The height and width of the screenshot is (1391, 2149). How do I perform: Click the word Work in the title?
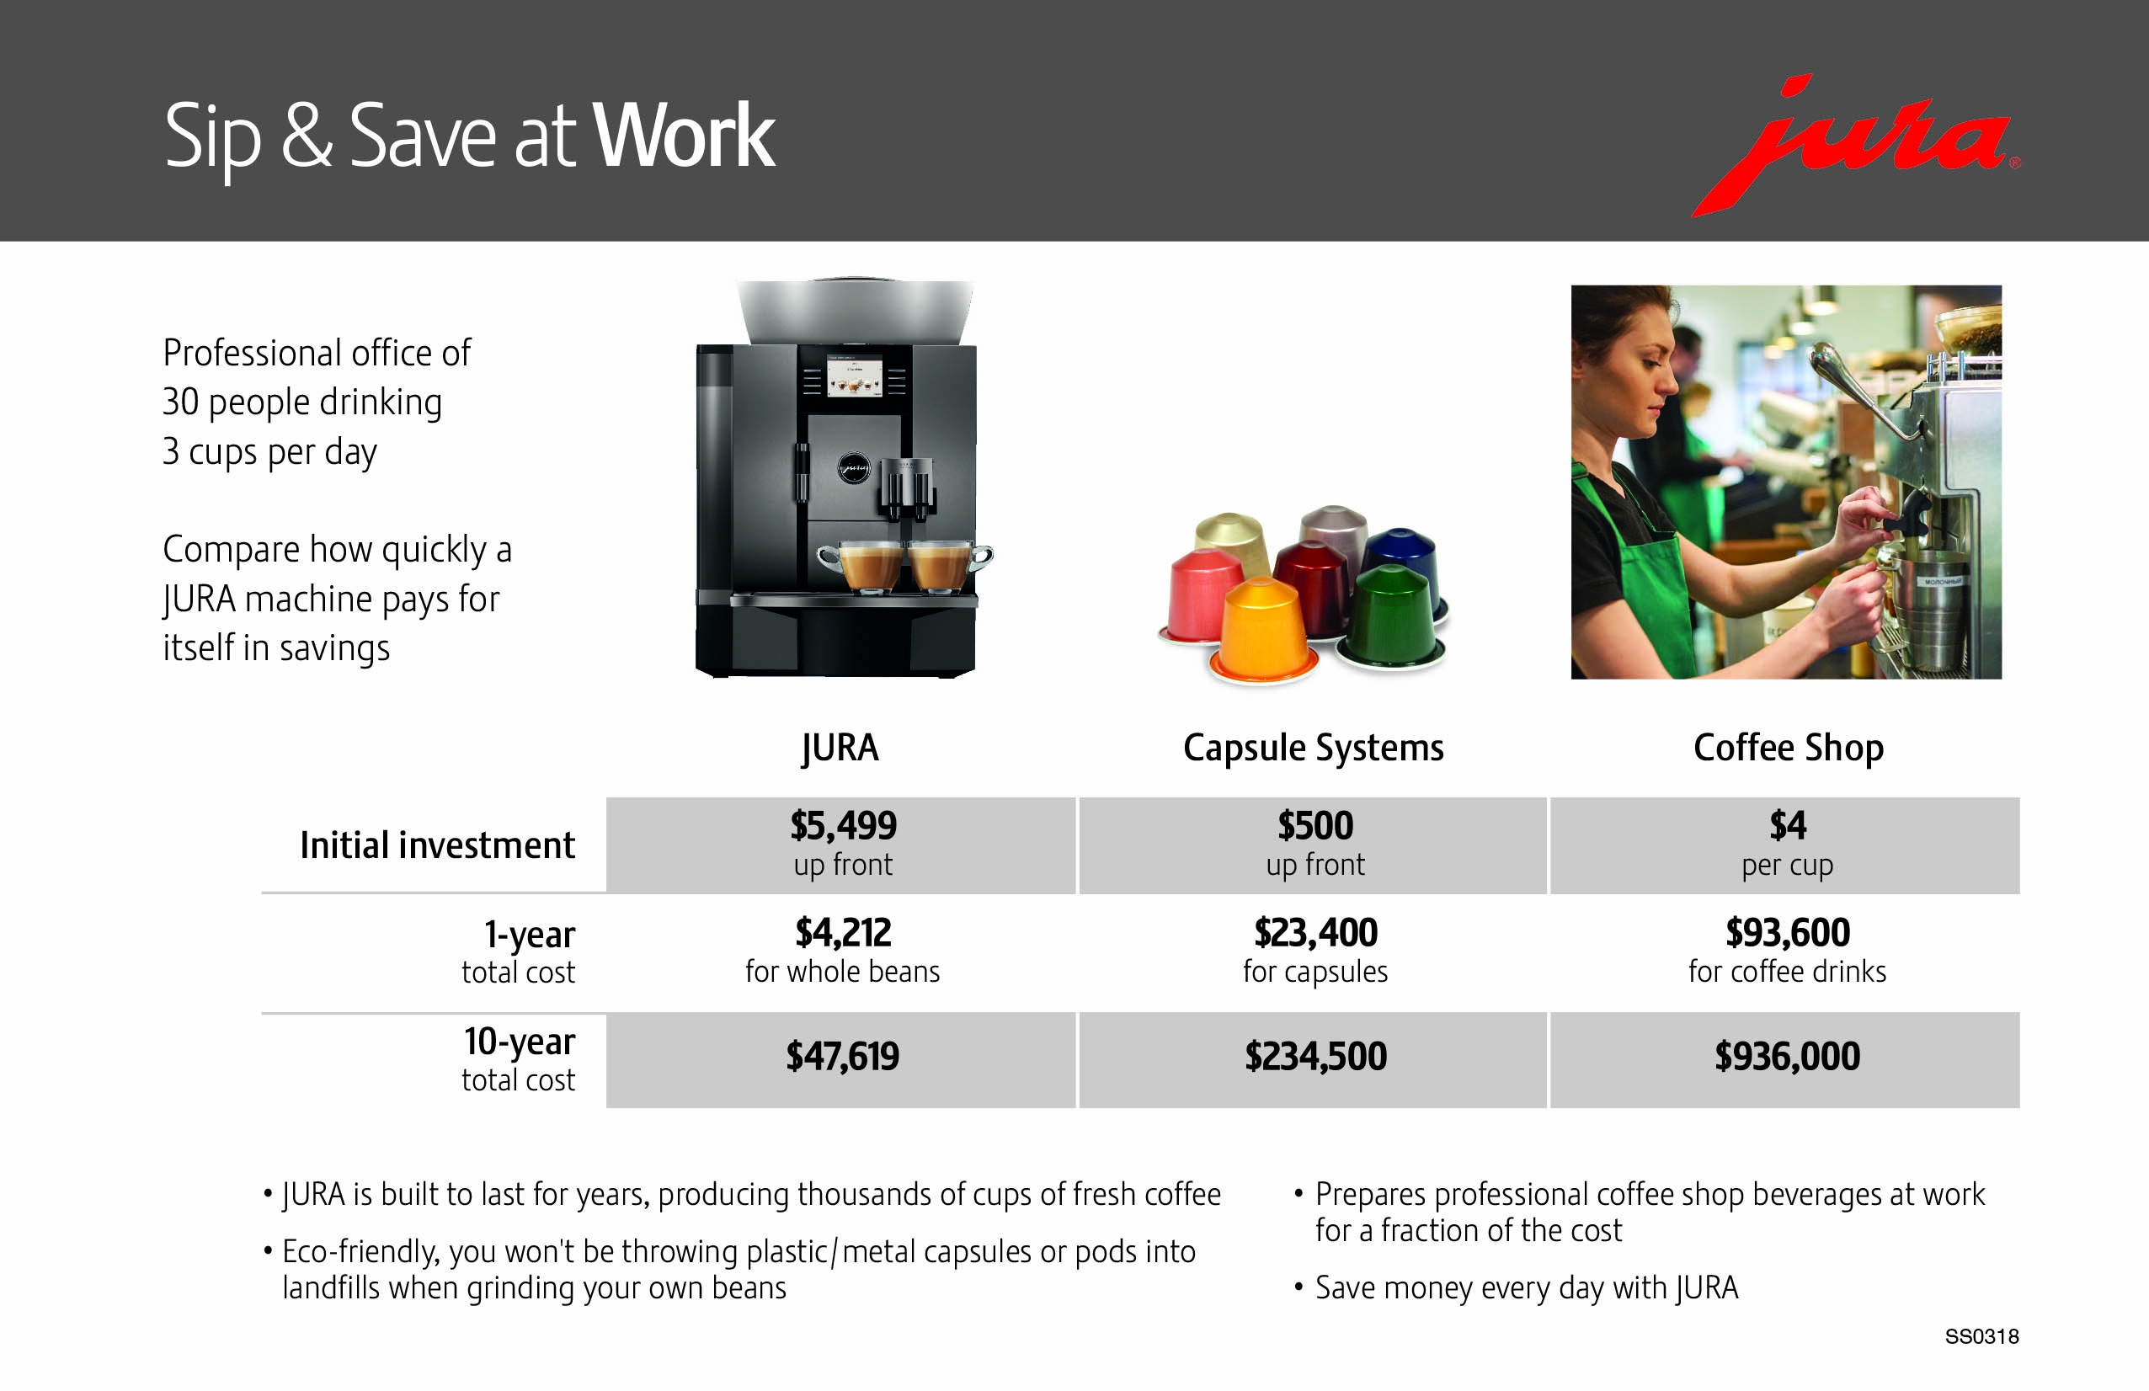click(684, 136)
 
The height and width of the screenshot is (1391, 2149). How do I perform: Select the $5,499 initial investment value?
click(842, 825)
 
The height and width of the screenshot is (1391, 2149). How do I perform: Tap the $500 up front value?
click(1314, 825)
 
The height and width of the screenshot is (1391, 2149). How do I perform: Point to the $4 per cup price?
click(1787, 825)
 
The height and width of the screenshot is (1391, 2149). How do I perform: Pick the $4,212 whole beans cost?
click(842, 932)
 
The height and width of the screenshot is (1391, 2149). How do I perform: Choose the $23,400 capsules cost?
click(1314, 932)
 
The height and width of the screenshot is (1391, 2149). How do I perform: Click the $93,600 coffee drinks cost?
click(1787, 932)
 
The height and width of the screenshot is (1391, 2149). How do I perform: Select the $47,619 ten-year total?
click(842, 1056)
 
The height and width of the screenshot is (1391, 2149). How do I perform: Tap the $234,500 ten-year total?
click(1314, 1056)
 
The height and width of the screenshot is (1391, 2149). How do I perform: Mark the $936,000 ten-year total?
click(1787, 1056)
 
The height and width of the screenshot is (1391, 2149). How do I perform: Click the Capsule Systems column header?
click(1313, 748)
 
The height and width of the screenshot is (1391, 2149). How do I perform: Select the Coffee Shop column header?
click(1788, 748)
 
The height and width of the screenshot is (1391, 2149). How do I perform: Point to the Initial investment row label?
click(437, 845)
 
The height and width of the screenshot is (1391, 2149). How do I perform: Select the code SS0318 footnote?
click(1981, 1336)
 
